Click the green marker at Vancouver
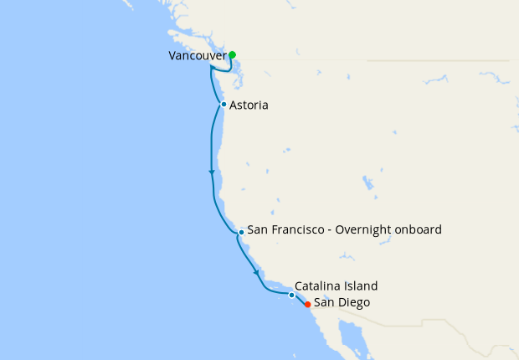[232, 55]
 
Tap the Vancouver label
[198, 56]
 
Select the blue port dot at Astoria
[224, 105]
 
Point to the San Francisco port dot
[241, 231]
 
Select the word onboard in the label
[418, 229]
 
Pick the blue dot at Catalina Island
[291, 295]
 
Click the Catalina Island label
[336, 285]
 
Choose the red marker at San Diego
[308, 304]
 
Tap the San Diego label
[342, 303]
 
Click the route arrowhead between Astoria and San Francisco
[212, 172]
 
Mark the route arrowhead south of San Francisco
[255, 271]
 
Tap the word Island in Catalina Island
[362, 285]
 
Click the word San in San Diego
[324, 303]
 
